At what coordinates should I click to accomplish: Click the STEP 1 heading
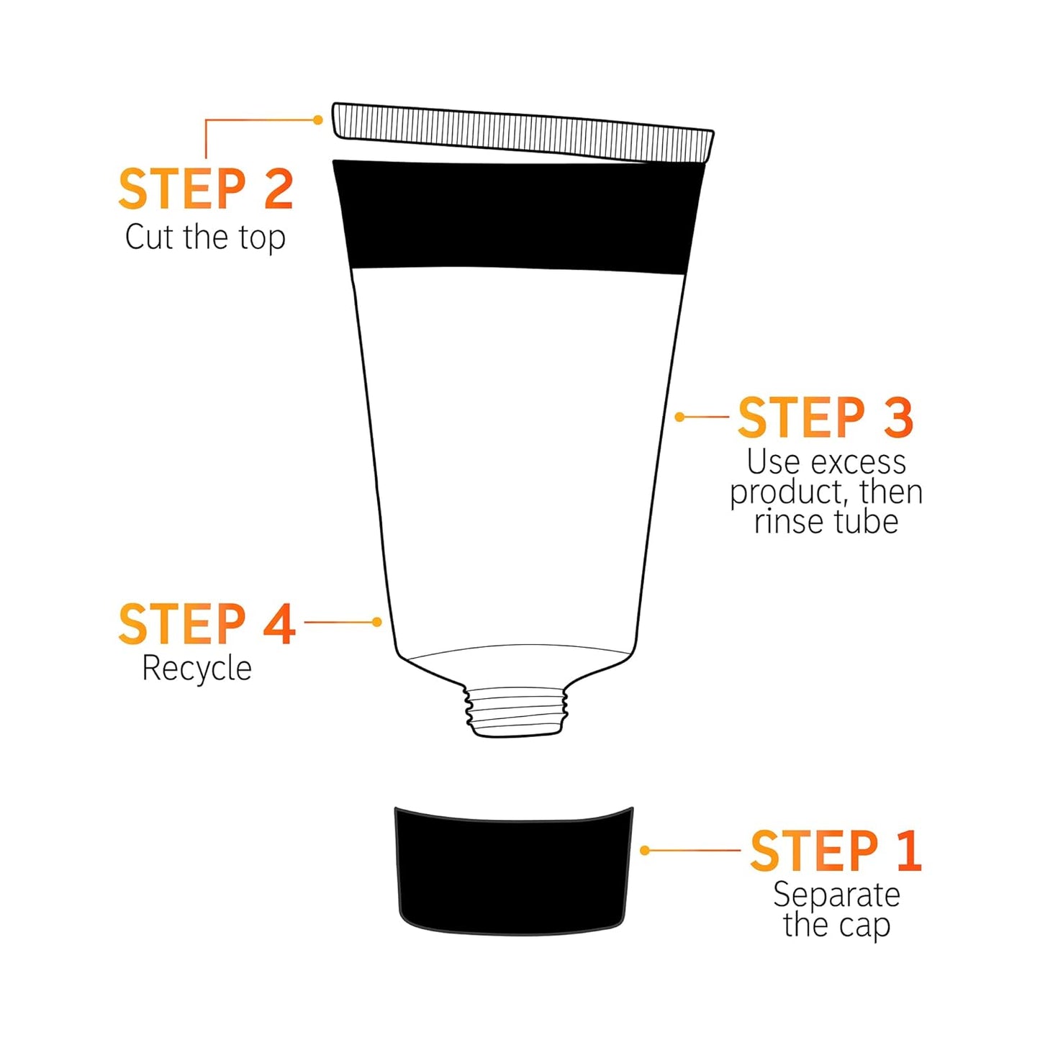click(836, 851)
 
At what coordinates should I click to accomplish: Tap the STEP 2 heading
click(206, 189)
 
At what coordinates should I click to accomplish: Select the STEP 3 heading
click(826, 417)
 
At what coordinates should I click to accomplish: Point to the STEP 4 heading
click(207, 624)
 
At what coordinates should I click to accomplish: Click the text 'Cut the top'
click(205, 237)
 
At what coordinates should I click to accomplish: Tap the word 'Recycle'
click(196, 669)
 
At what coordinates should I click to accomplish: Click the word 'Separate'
click(836, 895)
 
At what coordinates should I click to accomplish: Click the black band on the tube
click(515, 216)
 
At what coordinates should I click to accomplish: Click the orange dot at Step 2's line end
click(318, 120)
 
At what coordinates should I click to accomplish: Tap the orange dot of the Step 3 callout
click(679, 417)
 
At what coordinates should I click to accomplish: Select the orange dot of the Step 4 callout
click(377, 622)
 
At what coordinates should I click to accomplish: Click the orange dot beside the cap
click(645, 851)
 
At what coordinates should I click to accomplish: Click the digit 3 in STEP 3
click(898, 417)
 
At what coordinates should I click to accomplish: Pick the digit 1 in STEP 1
click(909, 851)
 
